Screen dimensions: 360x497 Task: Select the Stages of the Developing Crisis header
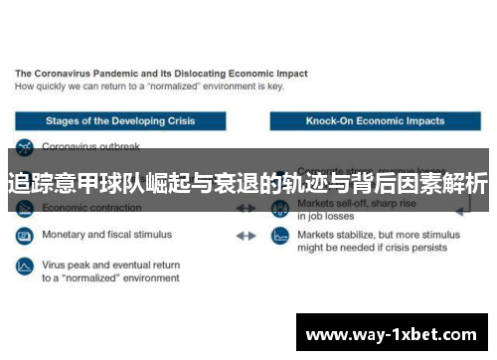pyautogui.click(x=120, y=121)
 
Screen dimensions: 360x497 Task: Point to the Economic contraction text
pyautogui.click(x=91, y=210)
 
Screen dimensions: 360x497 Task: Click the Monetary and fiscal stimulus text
pyautogui.click(x=106, y=236)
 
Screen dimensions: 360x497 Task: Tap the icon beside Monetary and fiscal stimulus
pyautogui.click(x=24, y=236)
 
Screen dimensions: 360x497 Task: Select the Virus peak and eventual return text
pyautogui.click(x=110, y=266)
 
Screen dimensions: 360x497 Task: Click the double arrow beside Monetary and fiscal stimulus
pyautogui.click(x=246, y=237)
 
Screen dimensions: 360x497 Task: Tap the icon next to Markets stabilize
pyautogui.click(x=280, y=237)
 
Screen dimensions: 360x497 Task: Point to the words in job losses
pyautogui.click(x=324, y=216)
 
